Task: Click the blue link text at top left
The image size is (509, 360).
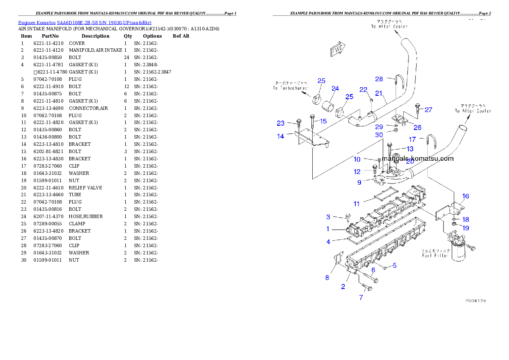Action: tap(85, 23)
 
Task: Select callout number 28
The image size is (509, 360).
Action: tap(379, 79)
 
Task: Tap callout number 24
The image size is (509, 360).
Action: tap(335, 89)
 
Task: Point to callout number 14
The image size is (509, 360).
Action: tap(281, 136)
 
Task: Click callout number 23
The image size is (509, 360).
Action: tap(281, 124)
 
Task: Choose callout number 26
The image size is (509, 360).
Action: tap(417, 127)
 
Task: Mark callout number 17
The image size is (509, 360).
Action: tap(412, 139)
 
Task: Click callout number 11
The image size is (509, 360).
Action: tap(357, 204)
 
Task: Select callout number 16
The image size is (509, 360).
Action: tap(465, 196)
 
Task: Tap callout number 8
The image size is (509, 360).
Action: tap(327, 277)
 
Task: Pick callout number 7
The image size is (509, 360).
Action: tap(361, 298)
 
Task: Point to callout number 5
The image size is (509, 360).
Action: tap(394, 266)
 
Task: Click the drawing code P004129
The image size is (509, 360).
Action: tap(475, 301)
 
